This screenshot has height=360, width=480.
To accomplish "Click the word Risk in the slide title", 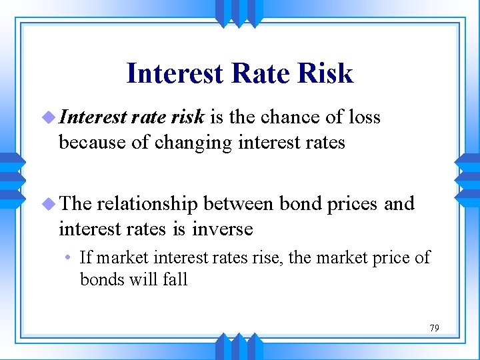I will [x=326, y=73].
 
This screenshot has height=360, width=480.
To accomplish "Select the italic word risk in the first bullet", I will [x=186, y=117].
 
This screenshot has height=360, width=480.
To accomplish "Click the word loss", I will [x=365, y=117].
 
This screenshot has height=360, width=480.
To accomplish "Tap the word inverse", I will [x=223, y=229].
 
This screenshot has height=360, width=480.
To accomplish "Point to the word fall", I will [x=175, y=279].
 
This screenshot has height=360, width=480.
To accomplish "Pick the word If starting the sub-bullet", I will [x=85, y=257].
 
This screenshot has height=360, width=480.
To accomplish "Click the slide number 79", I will [x=434, y=328].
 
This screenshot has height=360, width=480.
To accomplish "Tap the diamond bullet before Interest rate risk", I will [x=49, y=118].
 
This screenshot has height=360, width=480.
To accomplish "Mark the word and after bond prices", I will [x=399, y=204].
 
